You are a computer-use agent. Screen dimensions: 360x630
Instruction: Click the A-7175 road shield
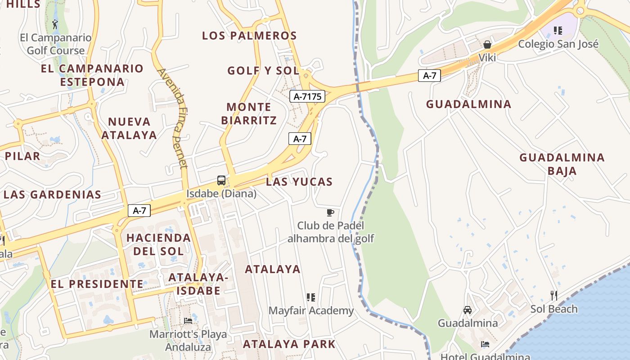[x=307, y=96]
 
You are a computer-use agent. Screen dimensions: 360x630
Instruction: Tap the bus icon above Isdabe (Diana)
[x=221, y=180]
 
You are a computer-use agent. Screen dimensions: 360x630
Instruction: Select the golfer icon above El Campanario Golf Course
[x=55, y=24]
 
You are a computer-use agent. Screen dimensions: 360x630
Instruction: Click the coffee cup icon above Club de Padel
[x=330, y=212]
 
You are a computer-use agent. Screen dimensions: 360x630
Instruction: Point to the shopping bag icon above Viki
[x=487, y=45]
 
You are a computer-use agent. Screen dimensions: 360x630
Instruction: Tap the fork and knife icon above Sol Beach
[x=554, y=296]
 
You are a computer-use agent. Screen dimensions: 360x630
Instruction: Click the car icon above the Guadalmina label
[x=468, y=310]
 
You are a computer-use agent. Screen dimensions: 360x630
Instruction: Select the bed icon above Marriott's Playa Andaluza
[x=188, y=320]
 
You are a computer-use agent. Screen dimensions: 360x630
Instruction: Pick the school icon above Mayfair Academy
[x=310, y=297]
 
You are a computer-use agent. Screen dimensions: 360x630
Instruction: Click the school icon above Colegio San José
[x=558, y=31]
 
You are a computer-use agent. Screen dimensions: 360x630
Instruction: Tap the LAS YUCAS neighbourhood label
[x=299, y=182]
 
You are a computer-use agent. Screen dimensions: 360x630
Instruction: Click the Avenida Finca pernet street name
[x=173, y=118]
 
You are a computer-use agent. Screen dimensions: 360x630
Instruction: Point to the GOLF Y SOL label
[x=263, y=71]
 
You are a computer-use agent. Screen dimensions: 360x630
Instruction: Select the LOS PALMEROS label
[x=249, y=36]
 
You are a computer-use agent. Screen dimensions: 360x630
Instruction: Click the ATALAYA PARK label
[x=289, y=344]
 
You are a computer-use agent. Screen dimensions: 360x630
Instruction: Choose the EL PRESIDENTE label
[x=97, y=284]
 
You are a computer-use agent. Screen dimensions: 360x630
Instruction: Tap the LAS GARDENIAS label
[x=53, y=195]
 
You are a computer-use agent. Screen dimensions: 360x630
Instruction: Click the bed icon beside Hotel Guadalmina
[x=485, y=344]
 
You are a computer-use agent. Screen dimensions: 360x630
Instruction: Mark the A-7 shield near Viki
[x=429, y=76]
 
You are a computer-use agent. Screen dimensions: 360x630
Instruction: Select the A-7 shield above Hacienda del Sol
[x=139, y=210]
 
